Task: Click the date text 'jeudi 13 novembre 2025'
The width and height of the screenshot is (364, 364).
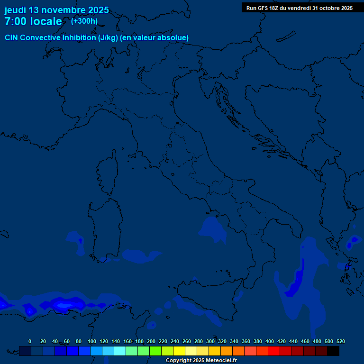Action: point(56,10)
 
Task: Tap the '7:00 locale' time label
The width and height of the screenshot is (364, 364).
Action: point(33,21)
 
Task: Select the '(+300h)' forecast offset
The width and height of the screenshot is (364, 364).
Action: point(84,21)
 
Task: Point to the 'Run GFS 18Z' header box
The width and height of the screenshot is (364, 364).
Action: point(300,8)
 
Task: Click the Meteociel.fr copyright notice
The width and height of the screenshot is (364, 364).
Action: point(201,361)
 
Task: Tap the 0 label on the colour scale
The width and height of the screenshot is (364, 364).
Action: point(30,341)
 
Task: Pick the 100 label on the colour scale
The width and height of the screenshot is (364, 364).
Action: point(91,341)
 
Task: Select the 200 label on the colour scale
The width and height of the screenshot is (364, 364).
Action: point(151,341)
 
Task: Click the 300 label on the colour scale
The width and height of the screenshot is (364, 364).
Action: point(210,341)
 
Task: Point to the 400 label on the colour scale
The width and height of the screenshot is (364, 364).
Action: point(270,341)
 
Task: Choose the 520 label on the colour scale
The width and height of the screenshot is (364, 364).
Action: point(340,341)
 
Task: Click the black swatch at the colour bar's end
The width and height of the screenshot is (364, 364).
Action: point(333,351)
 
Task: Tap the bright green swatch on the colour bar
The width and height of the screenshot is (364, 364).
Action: point(155,351)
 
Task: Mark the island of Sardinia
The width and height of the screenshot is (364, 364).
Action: point(104,227)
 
